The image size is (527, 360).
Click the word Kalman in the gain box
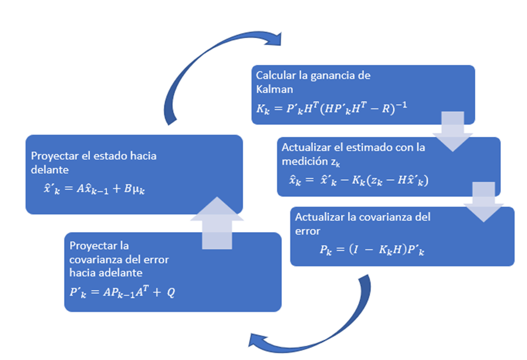pyautogui.click(x=271, y=88)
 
